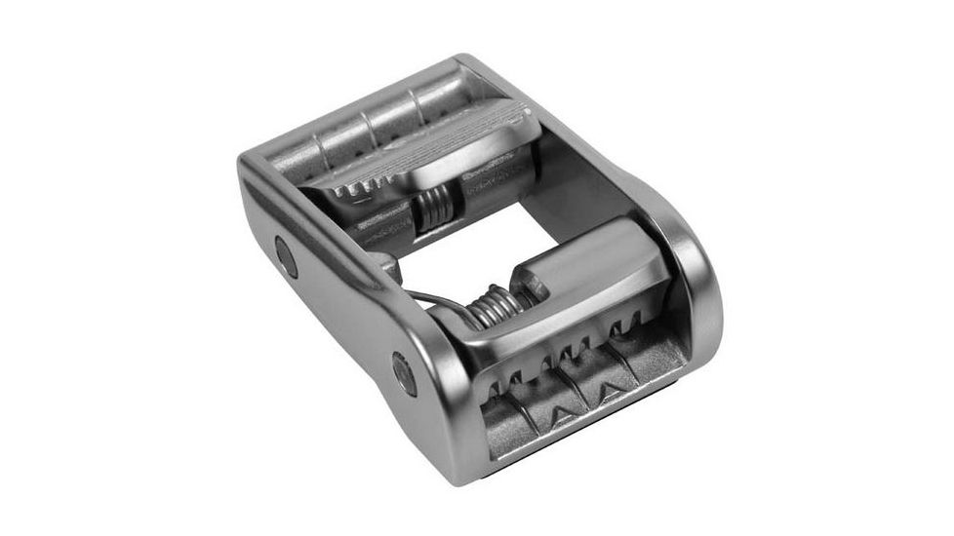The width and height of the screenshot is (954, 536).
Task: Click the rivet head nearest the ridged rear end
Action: point(286,256)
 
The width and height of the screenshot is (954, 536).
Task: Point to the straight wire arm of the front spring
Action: point(429,298)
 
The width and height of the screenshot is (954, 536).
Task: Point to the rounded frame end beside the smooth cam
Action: point(697,292)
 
